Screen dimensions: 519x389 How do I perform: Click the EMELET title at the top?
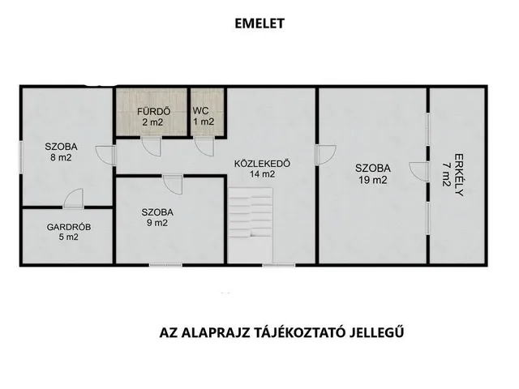click(x=259, y=24)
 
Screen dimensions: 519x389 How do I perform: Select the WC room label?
click(x=200, y=110)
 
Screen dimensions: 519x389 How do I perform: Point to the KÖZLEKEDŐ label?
click(x=262, y=164)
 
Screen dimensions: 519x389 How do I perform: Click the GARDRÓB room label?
click(x=68, y=227)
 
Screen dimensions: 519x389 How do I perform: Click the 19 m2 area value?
click(x=373, y=180)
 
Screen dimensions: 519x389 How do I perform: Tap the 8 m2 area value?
click(x=61, y=157)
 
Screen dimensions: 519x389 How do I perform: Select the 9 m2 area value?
click(x=157, y=223)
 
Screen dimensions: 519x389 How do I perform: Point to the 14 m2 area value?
click(x=262, y=174)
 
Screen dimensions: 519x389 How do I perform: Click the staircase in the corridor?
click(x=251, y=225)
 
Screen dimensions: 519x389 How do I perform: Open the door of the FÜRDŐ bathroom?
click(x=152, y=146)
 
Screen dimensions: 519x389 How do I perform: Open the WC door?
click(x=204, y=146)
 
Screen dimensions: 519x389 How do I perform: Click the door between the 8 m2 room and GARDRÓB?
click(x=74, y=199)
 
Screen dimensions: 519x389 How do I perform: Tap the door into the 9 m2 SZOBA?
click(x=173, y=184)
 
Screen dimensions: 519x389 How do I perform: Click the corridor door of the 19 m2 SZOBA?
click(x=326, y=155)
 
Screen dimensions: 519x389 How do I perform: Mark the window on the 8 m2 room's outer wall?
click(x=20, y=156)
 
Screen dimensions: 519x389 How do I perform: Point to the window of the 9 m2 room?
click(x=165, y=265)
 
